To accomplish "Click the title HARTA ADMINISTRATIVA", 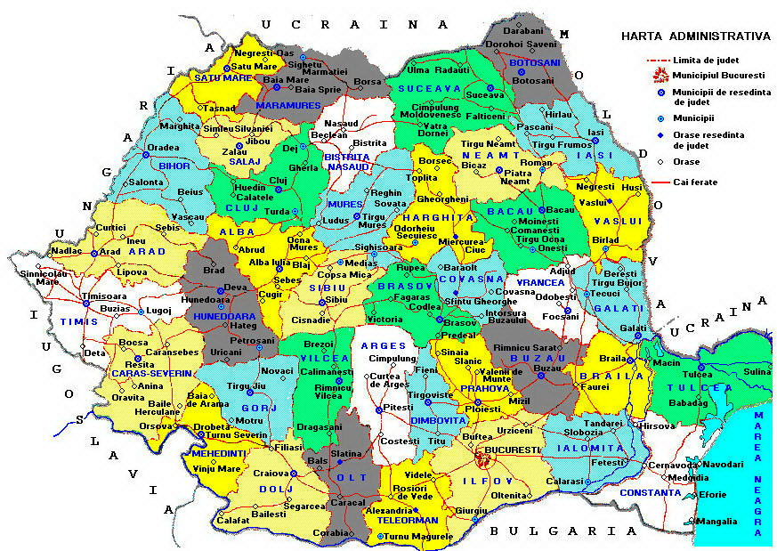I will tap(695, 36).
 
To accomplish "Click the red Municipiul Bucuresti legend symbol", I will tap(660, 75).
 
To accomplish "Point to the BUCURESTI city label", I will tap(513, 450).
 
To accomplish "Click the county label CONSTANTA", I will tap(651, 492).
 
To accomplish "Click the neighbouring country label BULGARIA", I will tap(563, 531).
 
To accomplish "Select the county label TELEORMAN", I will tap(409, 520).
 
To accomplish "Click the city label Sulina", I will tap(757, 371).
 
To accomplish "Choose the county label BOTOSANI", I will tap(534, 63).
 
